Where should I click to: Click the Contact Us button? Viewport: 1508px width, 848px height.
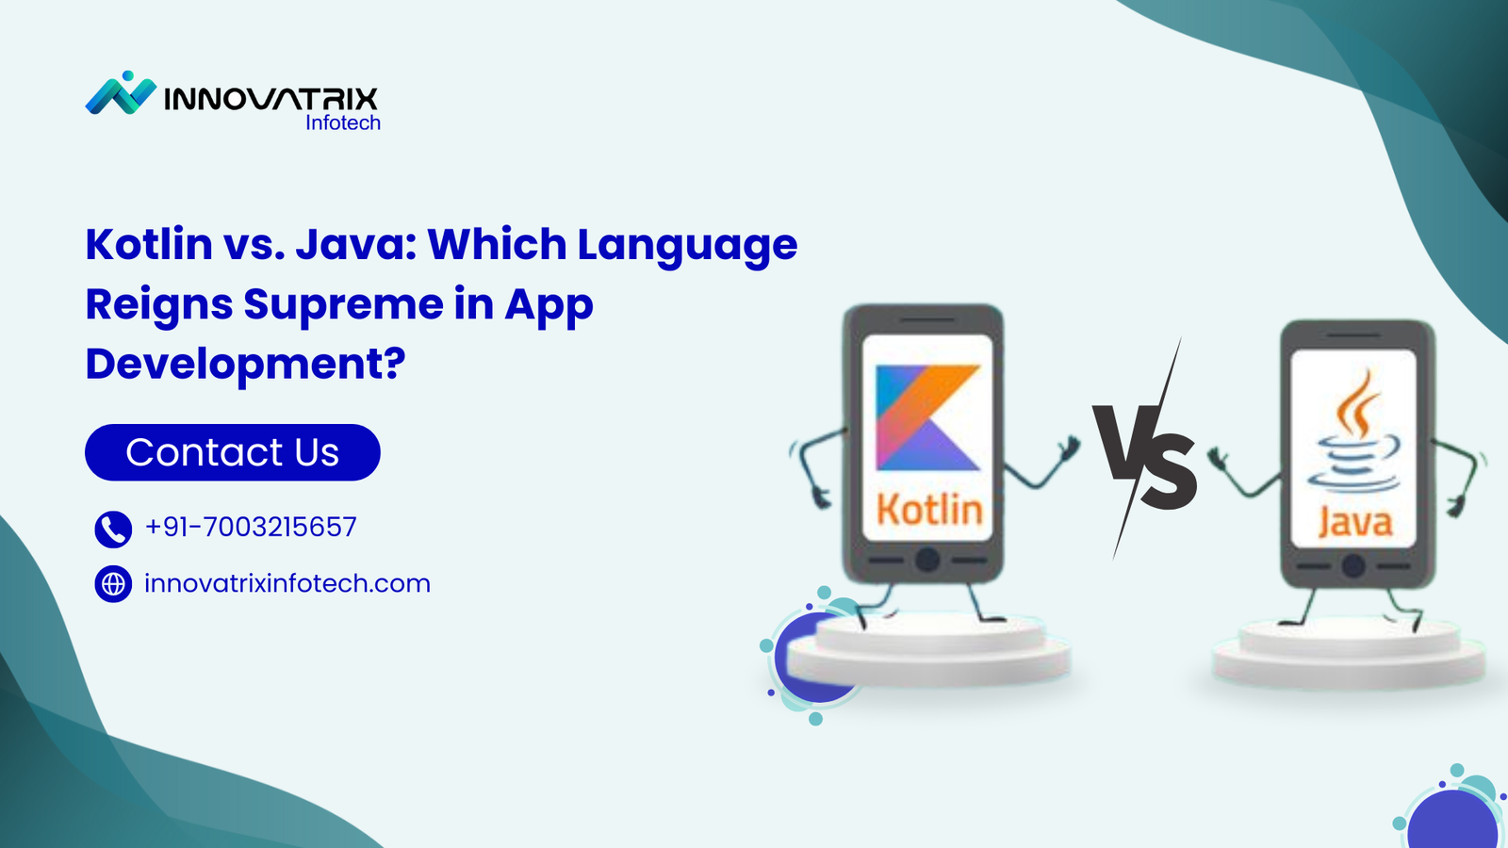[x=232, y=452]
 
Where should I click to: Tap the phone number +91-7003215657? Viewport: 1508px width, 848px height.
[x=251, y=527]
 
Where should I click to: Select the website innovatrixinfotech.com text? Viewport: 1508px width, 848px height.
[x=287, y=583]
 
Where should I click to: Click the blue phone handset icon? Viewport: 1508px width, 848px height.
[x=113, y=529]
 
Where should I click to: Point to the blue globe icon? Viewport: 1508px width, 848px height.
[x=113, y=583]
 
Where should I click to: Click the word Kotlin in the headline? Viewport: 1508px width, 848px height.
[x=150, y=244]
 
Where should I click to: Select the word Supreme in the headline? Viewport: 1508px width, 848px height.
[x=343, y=304]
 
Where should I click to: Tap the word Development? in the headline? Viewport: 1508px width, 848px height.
[x=246, y=364]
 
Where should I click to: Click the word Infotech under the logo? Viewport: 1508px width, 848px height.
[x=343, y=122]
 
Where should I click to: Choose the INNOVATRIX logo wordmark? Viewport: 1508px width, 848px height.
[x=270, y=99]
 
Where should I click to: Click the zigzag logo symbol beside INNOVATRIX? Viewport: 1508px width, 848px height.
[x=121, y=93]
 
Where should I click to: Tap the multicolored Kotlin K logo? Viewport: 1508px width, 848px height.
[x=927, y=417]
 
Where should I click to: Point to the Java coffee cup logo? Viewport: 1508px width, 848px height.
[x=1352, y=430]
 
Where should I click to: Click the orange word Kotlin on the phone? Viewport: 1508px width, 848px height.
[x=929, y=510]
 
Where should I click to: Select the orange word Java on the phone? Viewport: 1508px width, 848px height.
[x=1354, y=522]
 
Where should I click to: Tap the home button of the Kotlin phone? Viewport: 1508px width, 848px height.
[x=927, y=560]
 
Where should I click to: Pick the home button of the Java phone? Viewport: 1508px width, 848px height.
[x=1353, y=566]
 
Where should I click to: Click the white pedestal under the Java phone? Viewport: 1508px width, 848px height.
[x=1349, y=652]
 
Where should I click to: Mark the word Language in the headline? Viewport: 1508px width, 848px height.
[x=687, y=246]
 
